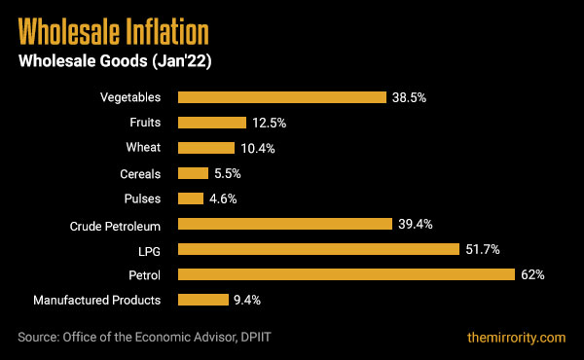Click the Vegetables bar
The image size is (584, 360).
pos(281,97)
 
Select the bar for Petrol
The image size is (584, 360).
pos(346,274)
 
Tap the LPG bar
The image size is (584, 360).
pos(317,249)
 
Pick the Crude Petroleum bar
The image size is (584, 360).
pos(284,224)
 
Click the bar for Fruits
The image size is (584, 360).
pos(211,123)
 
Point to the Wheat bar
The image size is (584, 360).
pos(205,148)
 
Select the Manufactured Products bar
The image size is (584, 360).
pos(202,300)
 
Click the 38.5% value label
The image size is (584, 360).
pos(410,97)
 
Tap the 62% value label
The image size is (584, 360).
pos(532,274)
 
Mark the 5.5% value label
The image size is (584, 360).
pos(227,173)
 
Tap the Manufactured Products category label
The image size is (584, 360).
pos(97,300)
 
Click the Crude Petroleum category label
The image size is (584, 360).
pos(116,224)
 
